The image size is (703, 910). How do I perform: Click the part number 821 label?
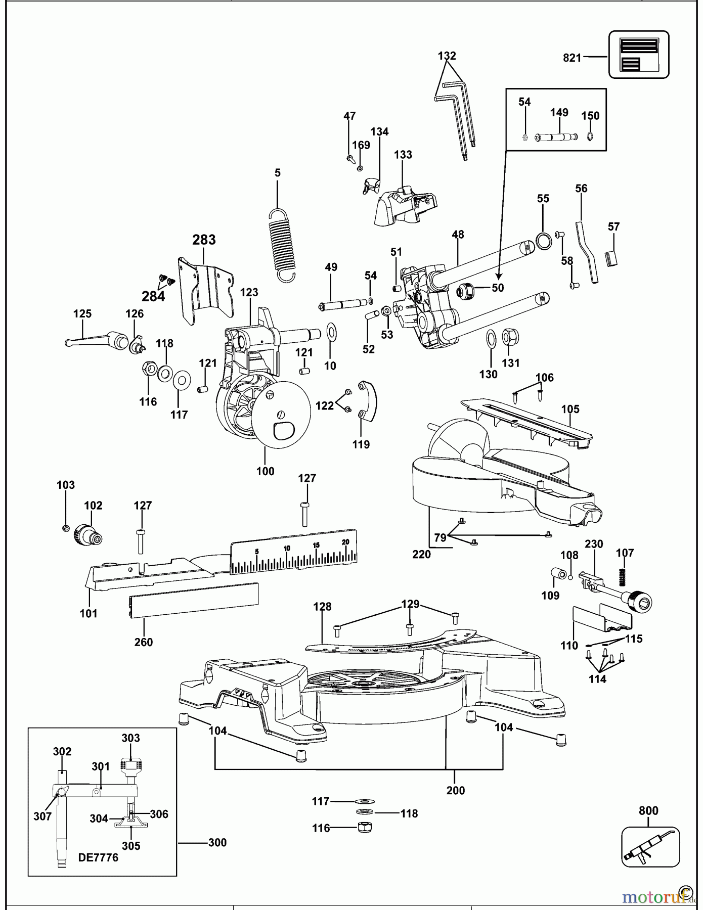(572, 58)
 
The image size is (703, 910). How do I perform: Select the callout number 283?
(204, 240)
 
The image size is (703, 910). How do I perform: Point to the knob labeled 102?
(87, 535)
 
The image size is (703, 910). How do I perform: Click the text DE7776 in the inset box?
(98, 857)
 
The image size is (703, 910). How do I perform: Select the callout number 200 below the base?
(455, 790)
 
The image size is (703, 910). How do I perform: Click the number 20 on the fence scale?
(345, 542)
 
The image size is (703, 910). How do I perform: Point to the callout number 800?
(648, 811)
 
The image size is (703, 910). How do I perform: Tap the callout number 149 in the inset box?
(559, 112)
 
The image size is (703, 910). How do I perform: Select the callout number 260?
(144, 642)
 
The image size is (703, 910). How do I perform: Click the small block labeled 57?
(611, 258)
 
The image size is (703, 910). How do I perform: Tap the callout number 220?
(421, 554)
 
